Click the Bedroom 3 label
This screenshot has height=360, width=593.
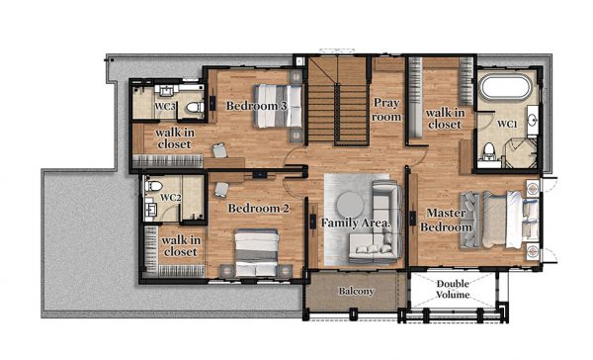tap(256, 106)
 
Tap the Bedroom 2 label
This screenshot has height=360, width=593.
tap(259, 209)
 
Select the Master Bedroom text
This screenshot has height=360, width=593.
tap(447, 220)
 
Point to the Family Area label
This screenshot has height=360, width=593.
tap(356, 223)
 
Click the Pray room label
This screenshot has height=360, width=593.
tap(386, 110)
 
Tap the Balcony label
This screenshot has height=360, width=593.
tap(356, 291)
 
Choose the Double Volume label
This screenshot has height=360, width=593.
tap(453, 289)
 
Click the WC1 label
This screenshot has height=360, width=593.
tap(507, 124)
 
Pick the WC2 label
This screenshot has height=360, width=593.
tap(171, 197)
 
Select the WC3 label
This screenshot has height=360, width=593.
tap(165, 107)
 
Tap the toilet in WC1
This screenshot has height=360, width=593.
tap(489, 151)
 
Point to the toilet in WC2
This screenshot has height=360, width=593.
tap(153, 186)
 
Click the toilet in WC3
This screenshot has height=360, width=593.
tap(195, 107)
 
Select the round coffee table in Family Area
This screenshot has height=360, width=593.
tap(350, 205)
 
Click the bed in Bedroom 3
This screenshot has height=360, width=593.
tap(278, 106)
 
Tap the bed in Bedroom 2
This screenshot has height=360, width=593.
tap(256, 253)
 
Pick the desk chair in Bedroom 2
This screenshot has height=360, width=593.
tap(221, 190)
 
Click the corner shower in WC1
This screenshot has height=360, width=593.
tap(521, 152)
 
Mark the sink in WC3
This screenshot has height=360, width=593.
tap(166, 90)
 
